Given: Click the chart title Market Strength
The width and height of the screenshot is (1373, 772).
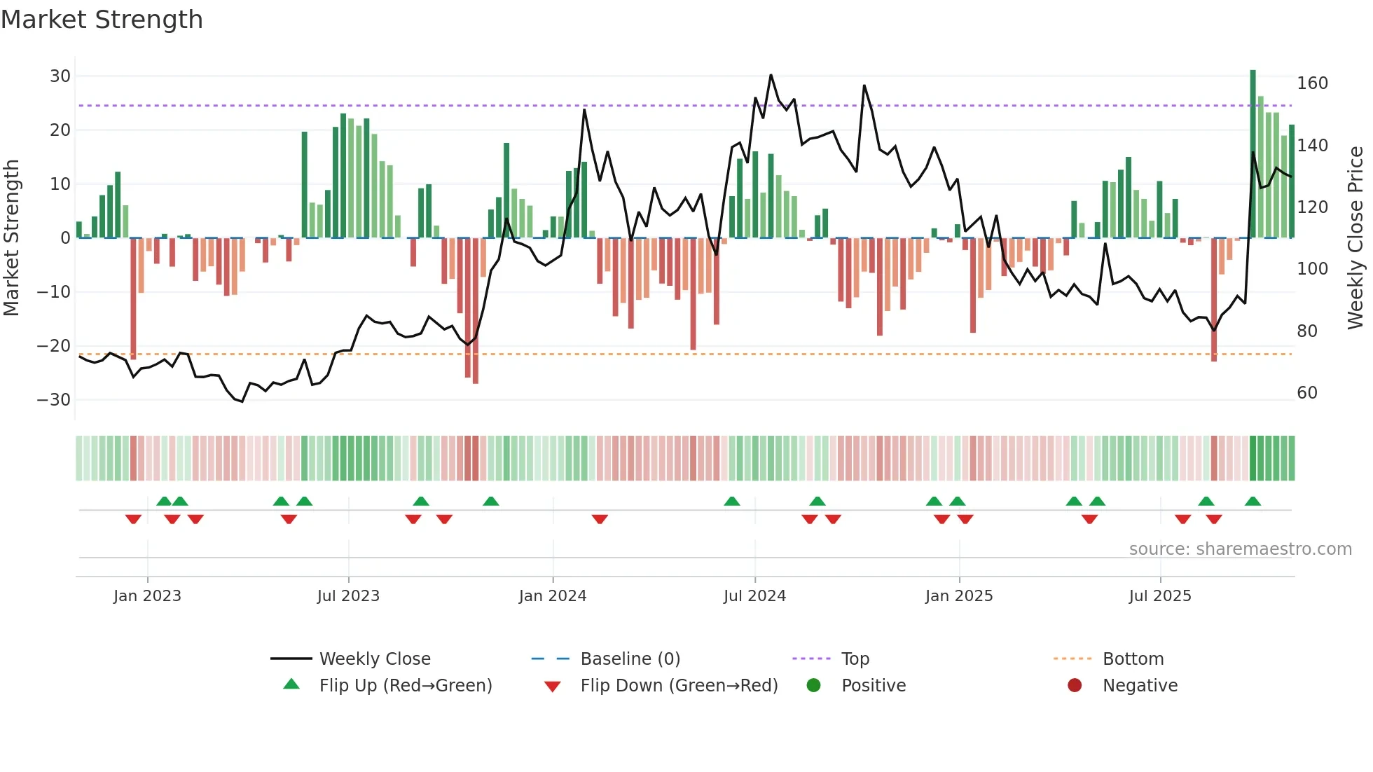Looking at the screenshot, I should tap(102, 20).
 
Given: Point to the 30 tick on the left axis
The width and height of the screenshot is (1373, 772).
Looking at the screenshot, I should tap(60, 76).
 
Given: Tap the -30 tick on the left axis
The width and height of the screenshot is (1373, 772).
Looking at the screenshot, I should tap(54, 399).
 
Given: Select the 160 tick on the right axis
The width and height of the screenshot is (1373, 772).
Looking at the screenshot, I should tap(1312, 83).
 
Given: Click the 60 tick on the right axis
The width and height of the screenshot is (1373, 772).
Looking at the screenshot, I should tap(1307, 392).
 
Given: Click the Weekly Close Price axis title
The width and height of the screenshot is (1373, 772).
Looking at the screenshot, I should tap(1355, 238).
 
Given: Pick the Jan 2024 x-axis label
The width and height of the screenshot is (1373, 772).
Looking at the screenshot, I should tap(553, 595).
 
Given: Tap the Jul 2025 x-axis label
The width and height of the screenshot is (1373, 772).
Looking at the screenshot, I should tap(1160, 595).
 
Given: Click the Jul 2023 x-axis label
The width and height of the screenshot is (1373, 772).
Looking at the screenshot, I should tap(348, 595).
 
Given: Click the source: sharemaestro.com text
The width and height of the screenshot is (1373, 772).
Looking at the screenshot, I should tap(1240, 549).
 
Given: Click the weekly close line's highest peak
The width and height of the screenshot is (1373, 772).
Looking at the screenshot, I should tap(771, 75).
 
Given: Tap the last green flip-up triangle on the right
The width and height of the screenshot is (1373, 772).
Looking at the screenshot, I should tap(1253, 501).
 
